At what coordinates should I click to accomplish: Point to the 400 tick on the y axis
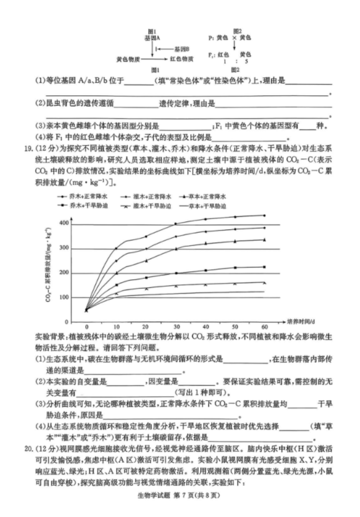pyautogui.click(x=64, y=224)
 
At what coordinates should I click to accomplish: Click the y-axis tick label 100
pyautogui.click(x=64, y=297)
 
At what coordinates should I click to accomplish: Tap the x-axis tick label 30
pyautogui.click(x=176, y=327)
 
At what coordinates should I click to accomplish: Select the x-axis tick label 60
pyautogui.click(x=264, y=327)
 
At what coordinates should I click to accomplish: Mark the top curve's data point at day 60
pyautogui.click(x=264, y=215)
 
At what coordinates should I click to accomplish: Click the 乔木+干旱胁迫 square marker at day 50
pyautogui.click(x=235, y=268)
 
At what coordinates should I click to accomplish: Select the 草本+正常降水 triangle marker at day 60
pyautogui.click(x=264, y=240)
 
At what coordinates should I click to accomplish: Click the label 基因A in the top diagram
pyautogui.click(x=152, y=38)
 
